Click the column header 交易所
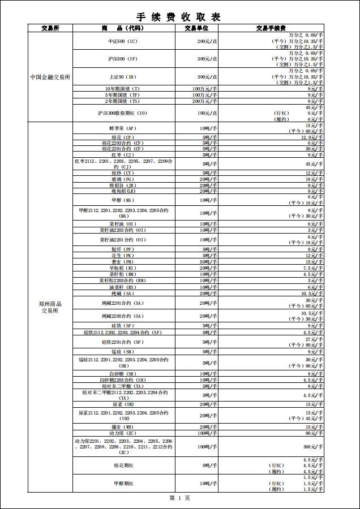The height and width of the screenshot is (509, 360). tap(50, 28)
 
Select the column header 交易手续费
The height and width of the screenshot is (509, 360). tap(270, 28)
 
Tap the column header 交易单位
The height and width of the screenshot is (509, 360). tap(196, 28)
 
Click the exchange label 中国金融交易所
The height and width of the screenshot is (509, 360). tap(50, 77)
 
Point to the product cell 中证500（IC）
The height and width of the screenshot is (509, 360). tap(123, 41)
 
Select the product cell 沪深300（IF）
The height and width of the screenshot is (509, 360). tap(123, 59)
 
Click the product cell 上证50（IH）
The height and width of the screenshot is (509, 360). tap(123, 77)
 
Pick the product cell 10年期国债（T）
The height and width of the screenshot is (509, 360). tap(123, 89)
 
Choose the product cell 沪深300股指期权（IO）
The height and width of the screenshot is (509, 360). tap(123, 113)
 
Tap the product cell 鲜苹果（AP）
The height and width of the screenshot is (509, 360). tap(123, 128)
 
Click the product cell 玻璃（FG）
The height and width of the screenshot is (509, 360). tap(123, 179)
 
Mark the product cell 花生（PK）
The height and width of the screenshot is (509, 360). tap(123, 256)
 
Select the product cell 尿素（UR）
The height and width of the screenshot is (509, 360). tap(123, 404)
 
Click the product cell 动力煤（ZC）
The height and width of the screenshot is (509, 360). tap(123, 433)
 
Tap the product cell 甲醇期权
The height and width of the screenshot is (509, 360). tap(123, 484)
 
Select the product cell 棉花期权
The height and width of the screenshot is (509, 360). tap(123, 465)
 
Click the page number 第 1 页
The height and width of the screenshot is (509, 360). tap(179, 498)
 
